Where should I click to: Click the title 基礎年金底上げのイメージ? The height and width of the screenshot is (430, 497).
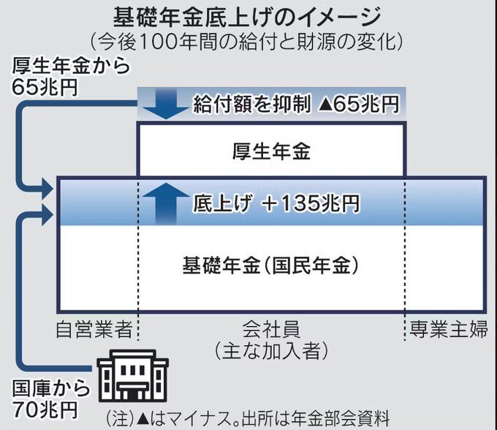(x=247, y=17)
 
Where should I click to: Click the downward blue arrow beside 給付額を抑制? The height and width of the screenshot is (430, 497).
(x=165, y=104)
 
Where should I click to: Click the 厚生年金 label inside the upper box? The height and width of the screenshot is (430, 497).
(x=271, y=151)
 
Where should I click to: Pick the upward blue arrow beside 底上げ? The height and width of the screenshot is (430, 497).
(x=165, y=203)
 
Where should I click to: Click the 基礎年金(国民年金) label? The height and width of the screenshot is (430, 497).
(x=271, y=265)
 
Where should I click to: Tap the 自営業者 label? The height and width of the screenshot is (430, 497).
(x=94, y=329)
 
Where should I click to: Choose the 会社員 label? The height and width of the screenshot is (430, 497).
(x=271, y=329)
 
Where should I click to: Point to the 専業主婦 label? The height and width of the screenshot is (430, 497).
(x=448, y=329)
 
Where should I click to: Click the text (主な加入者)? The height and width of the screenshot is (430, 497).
(x=271, y=351)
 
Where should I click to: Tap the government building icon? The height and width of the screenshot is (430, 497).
(x=133, y=375)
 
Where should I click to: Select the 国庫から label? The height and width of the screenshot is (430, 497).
(x=51, y=389)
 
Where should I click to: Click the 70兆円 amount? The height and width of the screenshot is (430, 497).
(x=45, y=410)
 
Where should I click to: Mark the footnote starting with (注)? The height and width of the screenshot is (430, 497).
(x=248, y=418)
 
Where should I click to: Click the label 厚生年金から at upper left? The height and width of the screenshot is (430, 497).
(x=71, y=66)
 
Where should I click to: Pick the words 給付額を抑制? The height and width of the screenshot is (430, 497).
(x=251, y=104)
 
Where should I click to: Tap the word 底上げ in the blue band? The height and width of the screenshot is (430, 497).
(x=223, y=203)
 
